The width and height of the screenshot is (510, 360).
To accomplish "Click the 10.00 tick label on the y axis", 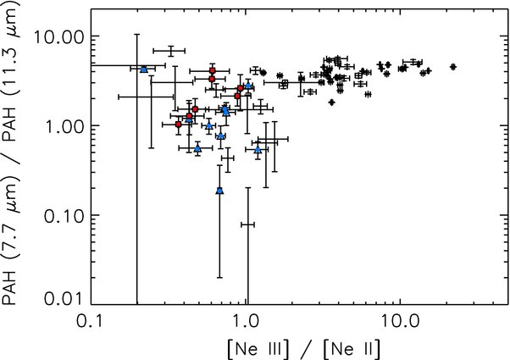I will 62,37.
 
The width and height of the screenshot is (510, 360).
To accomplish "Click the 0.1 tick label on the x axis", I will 91,323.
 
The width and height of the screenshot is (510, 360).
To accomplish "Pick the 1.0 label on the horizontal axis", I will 246,323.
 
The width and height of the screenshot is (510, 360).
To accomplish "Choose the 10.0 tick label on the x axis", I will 400,323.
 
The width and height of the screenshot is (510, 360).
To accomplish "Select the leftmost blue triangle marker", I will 144,69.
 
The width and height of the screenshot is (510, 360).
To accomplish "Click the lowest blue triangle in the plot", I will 219,191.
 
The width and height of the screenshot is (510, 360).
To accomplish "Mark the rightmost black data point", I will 453,66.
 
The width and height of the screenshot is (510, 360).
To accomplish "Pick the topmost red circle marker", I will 213,70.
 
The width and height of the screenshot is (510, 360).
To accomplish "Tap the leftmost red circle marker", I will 178,125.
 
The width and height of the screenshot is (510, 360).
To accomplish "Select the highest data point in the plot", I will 170,52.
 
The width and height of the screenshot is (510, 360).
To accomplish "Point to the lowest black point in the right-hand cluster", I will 332,102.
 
